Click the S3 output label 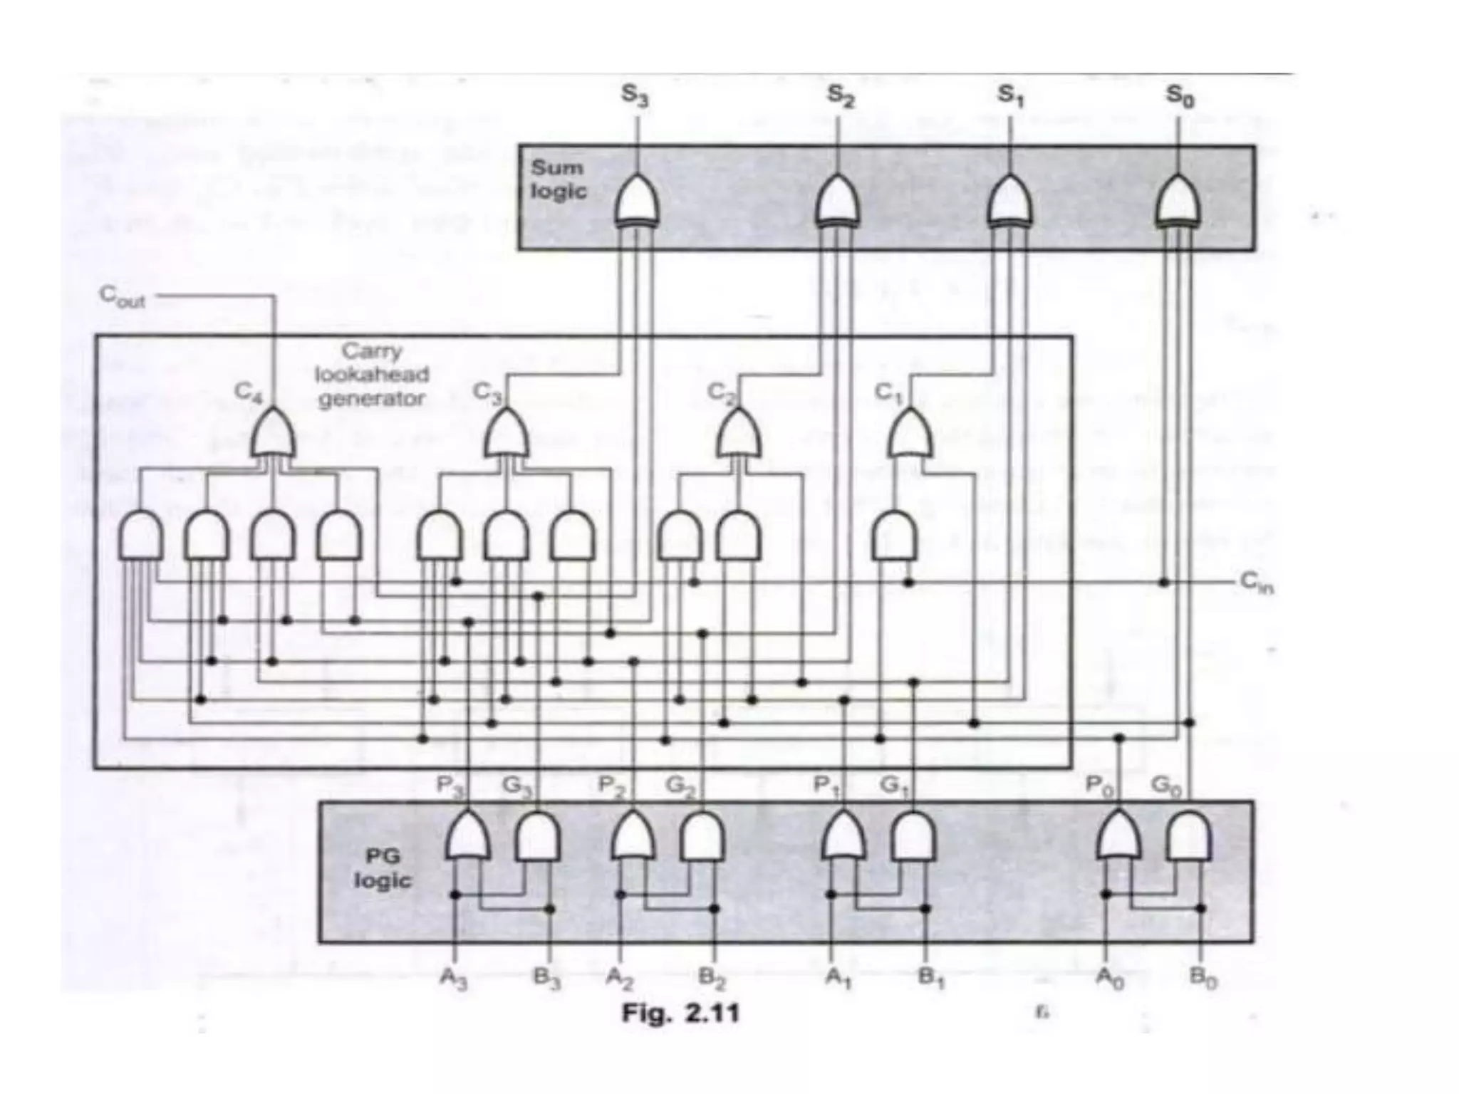coord(635,95)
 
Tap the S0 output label coord(1179,95)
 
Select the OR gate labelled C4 coord(273,434)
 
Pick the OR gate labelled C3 coord(506,434)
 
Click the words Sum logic coord(559,179)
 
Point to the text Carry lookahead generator coord(372,375)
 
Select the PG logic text coord(383,868)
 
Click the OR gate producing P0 coord(1118,836)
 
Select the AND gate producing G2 coord(702,836)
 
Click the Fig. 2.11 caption coord(680,1014)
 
